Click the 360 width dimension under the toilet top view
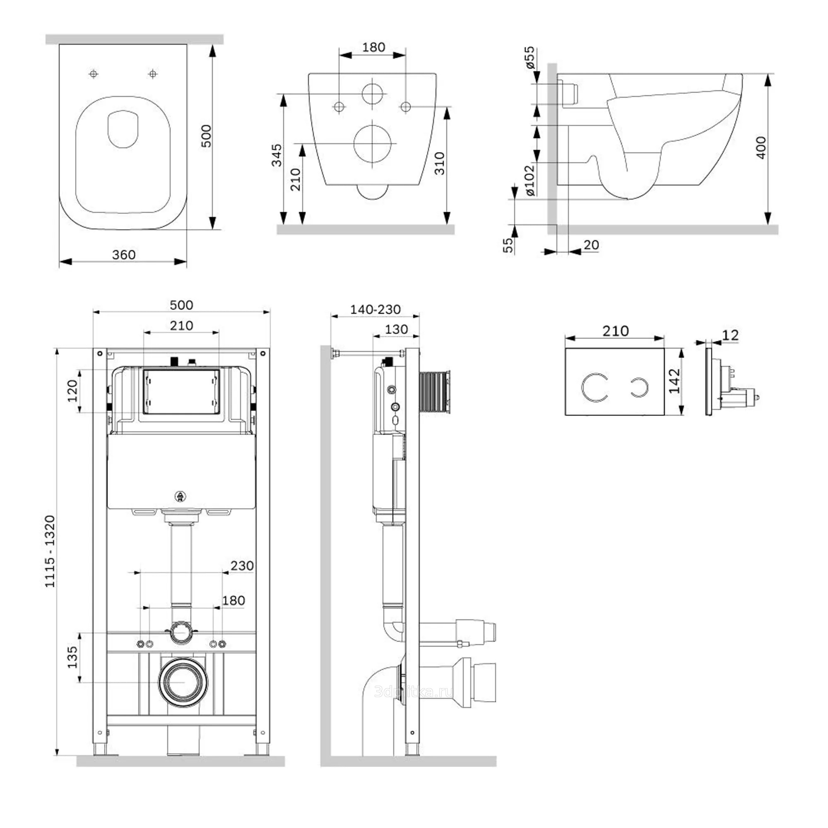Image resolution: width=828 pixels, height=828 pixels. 124,255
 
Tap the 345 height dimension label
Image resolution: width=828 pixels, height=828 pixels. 277,155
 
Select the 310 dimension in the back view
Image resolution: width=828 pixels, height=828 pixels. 440,163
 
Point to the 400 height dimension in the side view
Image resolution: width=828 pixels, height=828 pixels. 761,147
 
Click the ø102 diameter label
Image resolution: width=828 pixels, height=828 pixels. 531,181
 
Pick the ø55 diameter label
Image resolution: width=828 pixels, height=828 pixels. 530,58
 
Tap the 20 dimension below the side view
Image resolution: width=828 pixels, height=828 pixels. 592,245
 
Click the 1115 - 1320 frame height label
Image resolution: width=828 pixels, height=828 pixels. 50,551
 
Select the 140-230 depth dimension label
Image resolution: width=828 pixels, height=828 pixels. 375,309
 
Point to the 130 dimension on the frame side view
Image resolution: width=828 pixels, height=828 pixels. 397,329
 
